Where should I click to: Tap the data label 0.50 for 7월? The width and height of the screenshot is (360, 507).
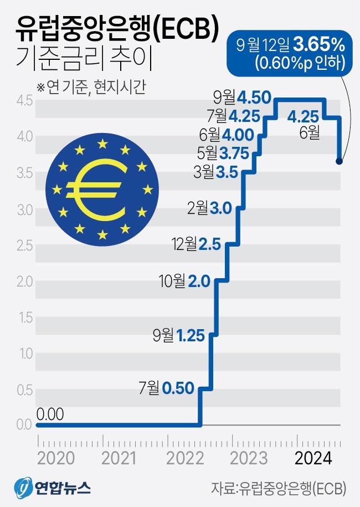pyautogui.click(x=178, y=388)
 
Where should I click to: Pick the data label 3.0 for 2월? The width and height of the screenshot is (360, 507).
pyautogui.click(x=222, y=208)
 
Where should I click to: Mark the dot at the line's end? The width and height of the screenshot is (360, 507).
pyautogui.click(x=340, y=161)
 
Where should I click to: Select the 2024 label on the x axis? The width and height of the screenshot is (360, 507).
pyautogui.click(x=313, y=459)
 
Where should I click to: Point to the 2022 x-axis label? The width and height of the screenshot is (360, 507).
pyautogui.click(x=183, y=459)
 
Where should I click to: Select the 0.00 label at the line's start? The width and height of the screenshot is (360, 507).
pyautogui.click(x=50, y=414)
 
